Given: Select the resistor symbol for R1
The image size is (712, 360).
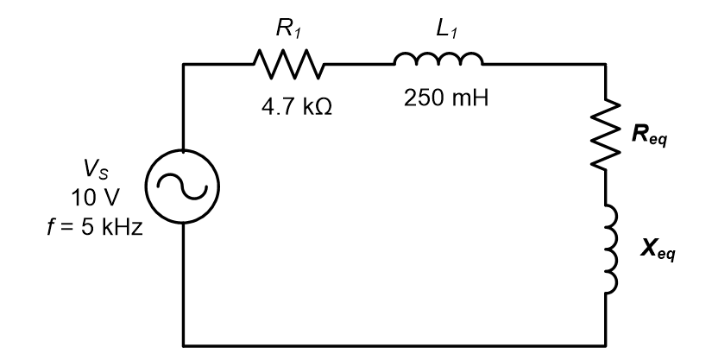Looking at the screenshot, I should pos(288,63).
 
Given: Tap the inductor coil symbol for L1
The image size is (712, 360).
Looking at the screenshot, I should pos(438,59).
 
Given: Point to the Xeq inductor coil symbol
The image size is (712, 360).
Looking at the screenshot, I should pos(612,249).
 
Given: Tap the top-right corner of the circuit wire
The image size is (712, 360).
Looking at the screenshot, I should pos(612,64).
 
